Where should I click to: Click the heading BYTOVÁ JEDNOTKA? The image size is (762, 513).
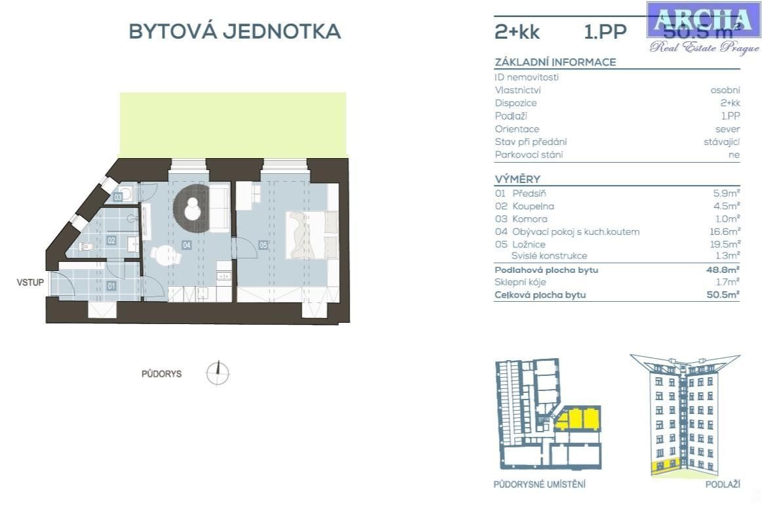pyautogui.click(x=234, y=31)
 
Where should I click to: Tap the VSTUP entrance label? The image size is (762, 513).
pyautogui.click(x=31, y=283)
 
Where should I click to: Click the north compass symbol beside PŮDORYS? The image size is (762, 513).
pyautogui.click(x=218, y=373)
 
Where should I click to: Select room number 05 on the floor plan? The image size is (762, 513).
pyautogui.click(x=264, y=245)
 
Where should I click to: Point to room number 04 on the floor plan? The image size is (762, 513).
pyautogui.click(x=187, y=245)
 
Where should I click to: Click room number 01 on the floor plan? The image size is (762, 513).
pyautogui.click(x=111, y=286)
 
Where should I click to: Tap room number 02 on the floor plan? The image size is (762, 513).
pyautogui.click(x=111, y=241)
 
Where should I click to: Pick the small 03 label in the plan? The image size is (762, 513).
pyautogui.click(x=118, y=197)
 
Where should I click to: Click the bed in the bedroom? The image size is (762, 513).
pyautogui.click(x=308, y=235)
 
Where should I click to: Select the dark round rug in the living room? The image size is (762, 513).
pyautogui.click(x=191, y=206)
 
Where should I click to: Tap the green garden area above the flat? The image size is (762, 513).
pyautogui.click(x=233, y=125)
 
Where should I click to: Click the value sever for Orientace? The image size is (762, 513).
pyautogui.click(x=727, y=129)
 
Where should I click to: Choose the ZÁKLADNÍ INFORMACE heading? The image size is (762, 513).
pyautogui.click(x=555, y=62)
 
